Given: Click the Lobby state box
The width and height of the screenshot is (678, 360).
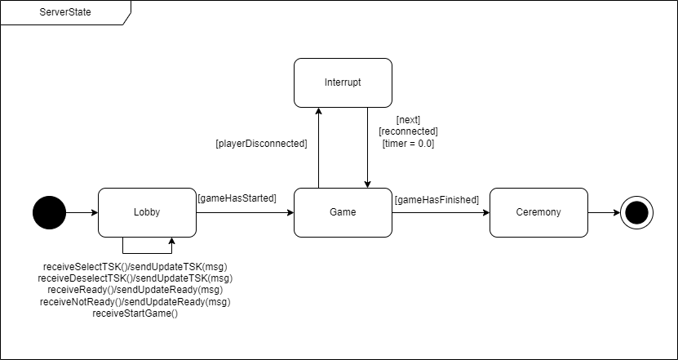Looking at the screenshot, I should click(x=147, y=212).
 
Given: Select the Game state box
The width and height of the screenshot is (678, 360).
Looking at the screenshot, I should click(x=343, y=212).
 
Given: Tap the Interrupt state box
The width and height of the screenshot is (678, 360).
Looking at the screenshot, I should click(x=343, y=82).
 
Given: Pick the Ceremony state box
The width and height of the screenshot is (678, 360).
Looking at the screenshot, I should click(x=538, y=212).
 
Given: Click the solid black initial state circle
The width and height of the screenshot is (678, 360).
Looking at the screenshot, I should click(x=49, y=212).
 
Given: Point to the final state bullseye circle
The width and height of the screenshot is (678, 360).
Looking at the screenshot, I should click(x=636, y=212).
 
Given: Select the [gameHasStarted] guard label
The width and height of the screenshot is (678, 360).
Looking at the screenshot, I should click(x=237, y=198).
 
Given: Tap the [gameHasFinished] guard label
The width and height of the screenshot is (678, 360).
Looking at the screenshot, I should click(x=436, y=199).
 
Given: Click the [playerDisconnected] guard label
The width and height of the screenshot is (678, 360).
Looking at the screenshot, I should click(x=261, y=144).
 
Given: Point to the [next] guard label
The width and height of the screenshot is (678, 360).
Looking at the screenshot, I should click(x=408, y=120).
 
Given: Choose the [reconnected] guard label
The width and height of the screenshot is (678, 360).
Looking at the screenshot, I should click(x=408, y=131).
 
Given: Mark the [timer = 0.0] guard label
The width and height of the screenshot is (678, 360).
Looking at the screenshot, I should click(x=408, y=143).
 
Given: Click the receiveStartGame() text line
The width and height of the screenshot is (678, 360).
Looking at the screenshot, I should click(x=135, y=313).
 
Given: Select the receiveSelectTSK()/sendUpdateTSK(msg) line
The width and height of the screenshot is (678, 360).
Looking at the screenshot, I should click(x=135, y=267).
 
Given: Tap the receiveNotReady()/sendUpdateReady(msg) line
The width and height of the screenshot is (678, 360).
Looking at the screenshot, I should click(x=135, y=301).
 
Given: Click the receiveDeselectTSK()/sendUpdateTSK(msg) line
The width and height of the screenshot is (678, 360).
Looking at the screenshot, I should click(x=135, y=278).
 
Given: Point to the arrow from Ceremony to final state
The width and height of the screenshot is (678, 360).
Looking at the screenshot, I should click(x=604, y=212).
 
